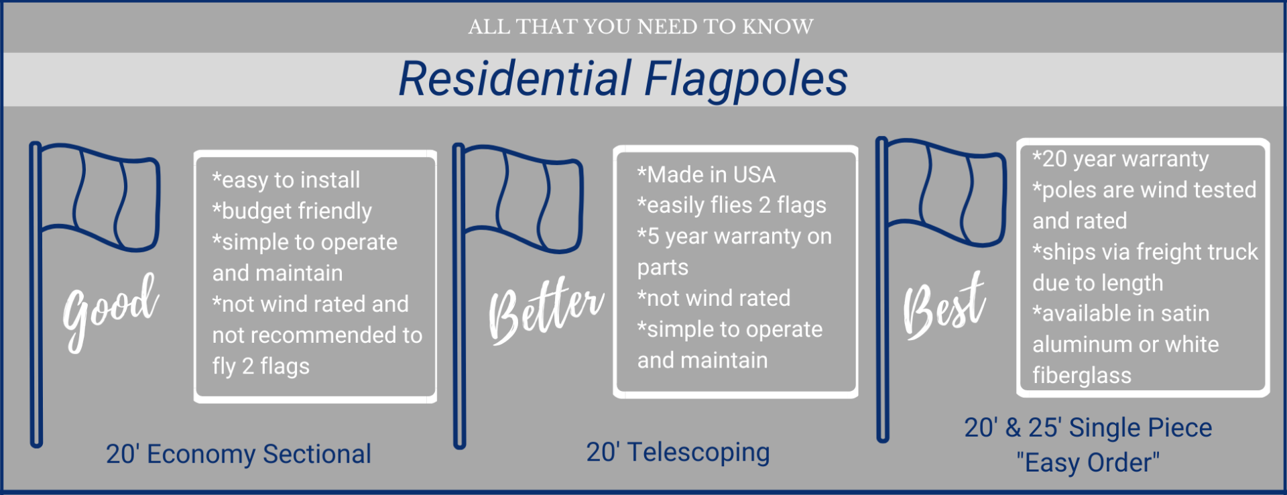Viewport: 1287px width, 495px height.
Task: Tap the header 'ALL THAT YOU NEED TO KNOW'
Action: point(641,27)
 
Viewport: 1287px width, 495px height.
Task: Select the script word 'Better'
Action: point(546,310)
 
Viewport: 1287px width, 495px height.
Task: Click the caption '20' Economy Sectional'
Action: point(239,454)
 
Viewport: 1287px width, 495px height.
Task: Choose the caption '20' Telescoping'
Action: point(678,453)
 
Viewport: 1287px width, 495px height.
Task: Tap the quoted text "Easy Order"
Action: point(1088,463)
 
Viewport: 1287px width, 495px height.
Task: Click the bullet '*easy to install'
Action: point(286,180)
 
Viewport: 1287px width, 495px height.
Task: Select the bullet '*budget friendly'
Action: point(292,211)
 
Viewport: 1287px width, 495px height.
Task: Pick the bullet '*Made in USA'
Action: point(706,174)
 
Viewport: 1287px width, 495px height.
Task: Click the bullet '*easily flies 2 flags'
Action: point(731,205)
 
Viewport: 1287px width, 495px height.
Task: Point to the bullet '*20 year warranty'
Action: point(1120,159)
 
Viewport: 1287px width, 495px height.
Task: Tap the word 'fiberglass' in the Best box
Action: point(1082,376)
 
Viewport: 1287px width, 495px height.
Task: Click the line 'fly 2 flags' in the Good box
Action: point(261,366)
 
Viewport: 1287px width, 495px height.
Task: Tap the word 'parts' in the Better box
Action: point(663,268)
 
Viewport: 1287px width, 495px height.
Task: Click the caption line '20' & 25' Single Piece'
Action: point(1088,427)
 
